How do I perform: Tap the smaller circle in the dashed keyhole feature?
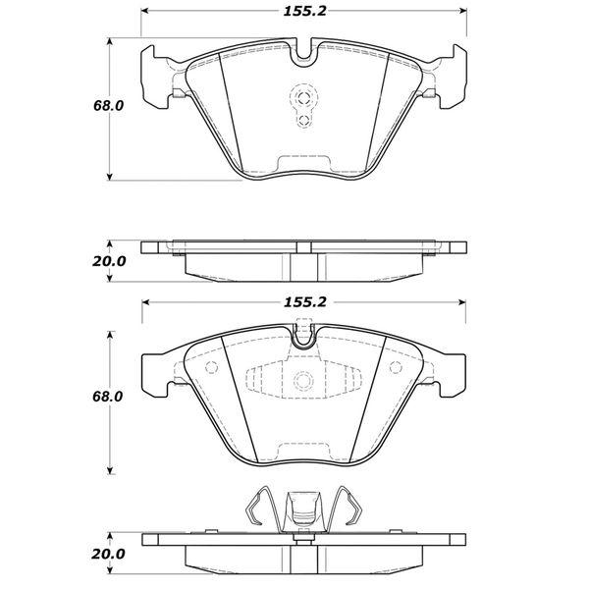click(x=303, y=121)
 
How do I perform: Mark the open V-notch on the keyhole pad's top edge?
click(x=303, y=54)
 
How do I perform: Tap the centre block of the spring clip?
click(x=302, y=512)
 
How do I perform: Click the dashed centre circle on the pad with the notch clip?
click(x=303, y=381)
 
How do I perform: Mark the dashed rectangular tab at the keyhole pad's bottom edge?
click(x=303, y=162)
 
